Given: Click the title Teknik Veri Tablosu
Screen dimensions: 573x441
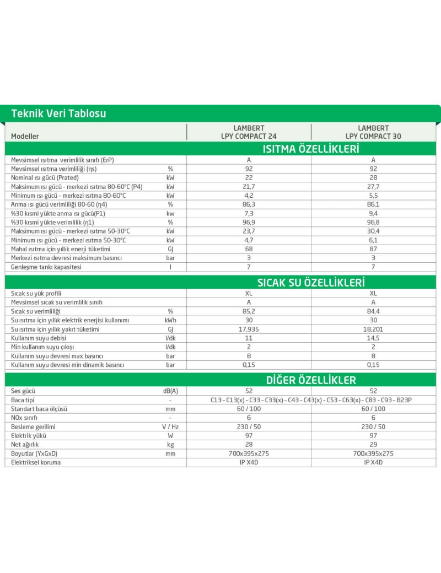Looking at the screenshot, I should (58, 113).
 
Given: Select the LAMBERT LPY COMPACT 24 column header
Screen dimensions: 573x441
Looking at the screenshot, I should (249, 132).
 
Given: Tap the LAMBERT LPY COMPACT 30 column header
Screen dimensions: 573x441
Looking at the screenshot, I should (373, 132).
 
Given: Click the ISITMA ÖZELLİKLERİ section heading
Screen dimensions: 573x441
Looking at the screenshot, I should (311, 149).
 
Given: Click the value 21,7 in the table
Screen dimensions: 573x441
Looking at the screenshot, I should (249, 187).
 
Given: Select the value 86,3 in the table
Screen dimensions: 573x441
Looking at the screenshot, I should (249, 204).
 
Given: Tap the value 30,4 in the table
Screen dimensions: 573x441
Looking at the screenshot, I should (373, 231).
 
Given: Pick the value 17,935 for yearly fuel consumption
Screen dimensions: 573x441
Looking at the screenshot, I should (249, 329).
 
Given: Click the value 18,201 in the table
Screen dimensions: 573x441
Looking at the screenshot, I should (373, 329).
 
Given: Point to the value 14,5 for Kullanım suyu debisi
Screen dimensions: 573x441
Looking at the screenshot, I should (373, 338).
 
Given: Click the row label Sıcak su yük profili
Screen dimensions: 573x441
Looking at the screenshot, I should (37, 294).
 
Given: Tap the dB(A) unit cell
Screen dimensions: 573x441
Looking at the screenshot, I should (170, 391).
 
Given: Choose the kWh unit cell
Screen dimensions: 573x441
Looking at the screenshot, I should (170, 320).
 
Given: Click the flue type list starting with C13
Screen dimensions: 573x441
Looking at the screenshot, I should (311, 400).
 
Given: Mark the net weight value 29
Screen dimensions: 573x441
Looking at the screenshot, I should (373, 444).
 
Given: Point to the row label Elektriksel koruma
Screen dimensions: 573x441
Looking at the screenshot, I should (36, 462).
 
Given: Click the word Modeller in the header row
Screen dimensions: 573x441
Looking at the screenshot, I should (25, 136).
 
